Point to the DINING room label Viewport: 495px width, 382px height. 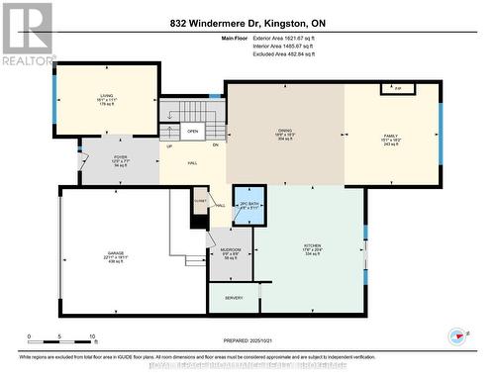(x=285, y=136)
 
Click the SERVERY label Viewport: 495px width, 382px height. (x=235, y=298)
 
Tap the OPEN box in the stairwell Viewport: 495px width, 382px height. (x=192, y=131)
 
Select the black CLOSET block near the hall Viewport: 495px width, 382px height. (x=201, y=201)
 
